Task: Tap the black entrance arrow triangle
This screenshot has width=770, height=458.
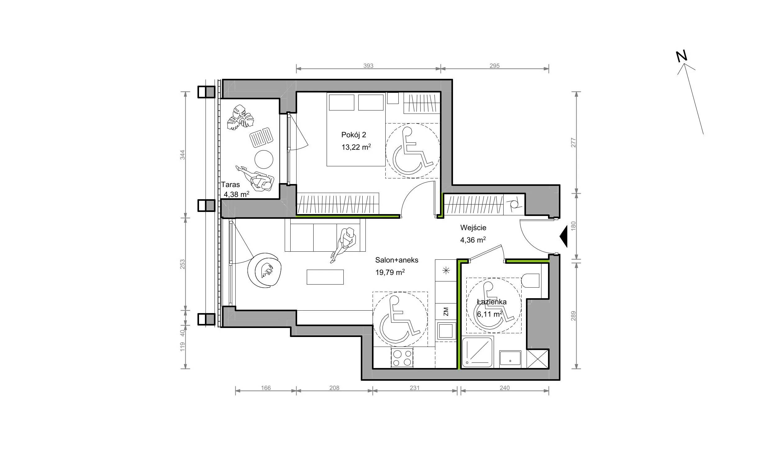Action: pyautogui.click(x=563, y=236)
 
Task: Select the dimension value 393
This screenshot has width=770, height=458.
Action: pyautogui.click(x=368, y=66)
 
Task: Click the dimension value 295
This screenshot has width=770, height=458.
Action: pyautogui.click(x=495, y=66)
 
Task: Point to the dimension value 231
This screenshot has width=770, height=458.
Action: pyautogui.click(x=414, y=388)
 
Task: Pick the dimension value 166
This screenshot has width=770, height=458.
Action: pyautogui.click(x=266, y=388)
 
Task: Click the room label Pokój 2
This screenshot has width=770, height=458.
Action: pyautogui.click(x=354, y=135)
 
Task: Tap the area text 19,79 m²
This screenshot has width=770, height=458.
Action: pyautogui.click(x=390, y=272)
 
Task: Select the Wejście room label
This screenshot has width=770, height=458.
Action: pyautogui.click(x=473, y=227)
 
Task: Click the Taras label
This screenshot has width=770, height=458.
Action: pyautogui.click(x=230, y=185)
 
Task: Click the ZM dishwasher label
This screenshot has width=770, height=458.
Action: pyautogui.click(x=446, y=311)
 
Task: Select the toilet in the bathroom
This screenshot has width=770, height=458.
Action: pyautogui.click(x=531, y=281)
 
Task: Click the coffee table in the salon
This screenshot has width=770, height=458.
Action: pyautogui.click(x=325, y=277)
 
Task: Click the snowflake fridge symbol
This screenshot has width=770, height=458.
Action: pyautogui.click(x=446, y=271)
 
